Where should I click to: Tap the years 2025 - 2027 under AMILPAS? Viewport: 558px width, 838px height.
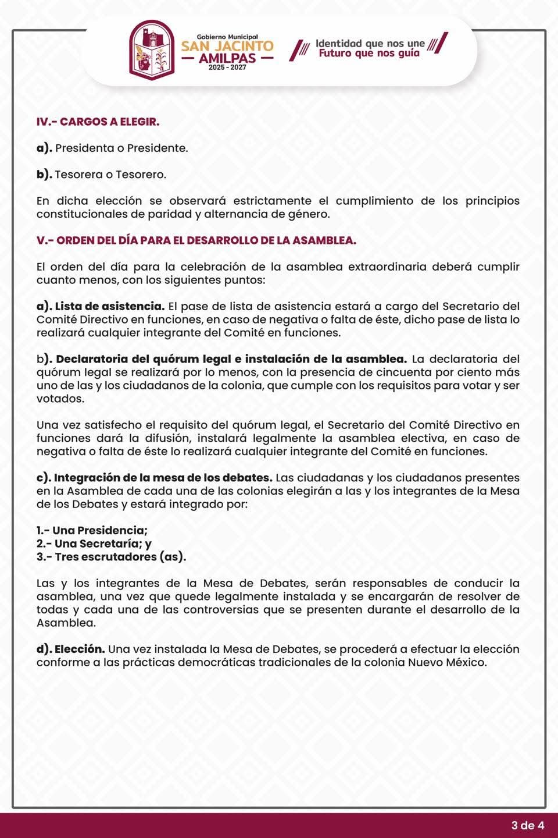click(x=227, y=68)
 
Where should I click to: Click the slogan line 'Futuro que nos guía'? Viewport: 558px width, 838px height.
click(x=369, y=54)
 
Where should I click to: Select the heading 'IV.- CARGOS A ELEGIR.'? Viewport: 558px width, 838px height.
click(x=98, y=122)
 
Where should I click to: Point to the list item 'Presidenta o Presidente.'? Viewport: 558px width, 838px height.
click(x=121, y=148)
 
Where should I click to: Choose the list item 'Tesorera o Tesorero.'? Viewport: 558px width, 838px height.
click(x=110, y=174)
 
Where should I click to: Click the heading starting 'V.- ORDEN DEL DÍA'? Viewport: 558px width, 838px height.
click(x=196, y=240)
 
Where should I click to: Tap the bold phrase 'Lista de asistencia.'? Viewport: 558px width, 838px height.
click(x=110, y=306)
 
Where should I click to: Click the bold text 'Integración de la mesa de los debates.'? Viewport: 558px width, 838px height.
click(x=163, y=477)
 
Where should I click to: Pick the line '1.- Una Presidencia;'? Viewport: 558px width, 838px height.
click(x=92, y=530)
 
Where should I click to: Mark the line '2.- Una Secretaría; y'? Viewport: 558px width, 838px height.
click(x=94, y=544)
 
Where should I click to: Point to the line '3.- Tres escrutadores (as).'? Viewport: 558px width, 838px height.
click(x=111, y=557)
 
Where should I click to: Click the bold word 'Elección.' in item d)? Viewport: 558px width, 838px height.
click(x=80, y=648)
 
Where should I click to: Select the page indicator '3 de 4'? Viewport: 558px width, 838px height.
click(x=528, y=825)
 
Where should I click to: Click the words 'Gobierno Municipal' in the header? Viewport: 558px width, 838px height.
click(x=227, y=36)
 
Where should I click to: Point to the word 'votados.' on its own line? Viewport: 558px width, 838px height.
click(x=60, y=399)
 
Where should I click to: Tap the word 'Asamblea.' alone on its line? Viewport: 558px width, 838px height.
click(x=66, y=623)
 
